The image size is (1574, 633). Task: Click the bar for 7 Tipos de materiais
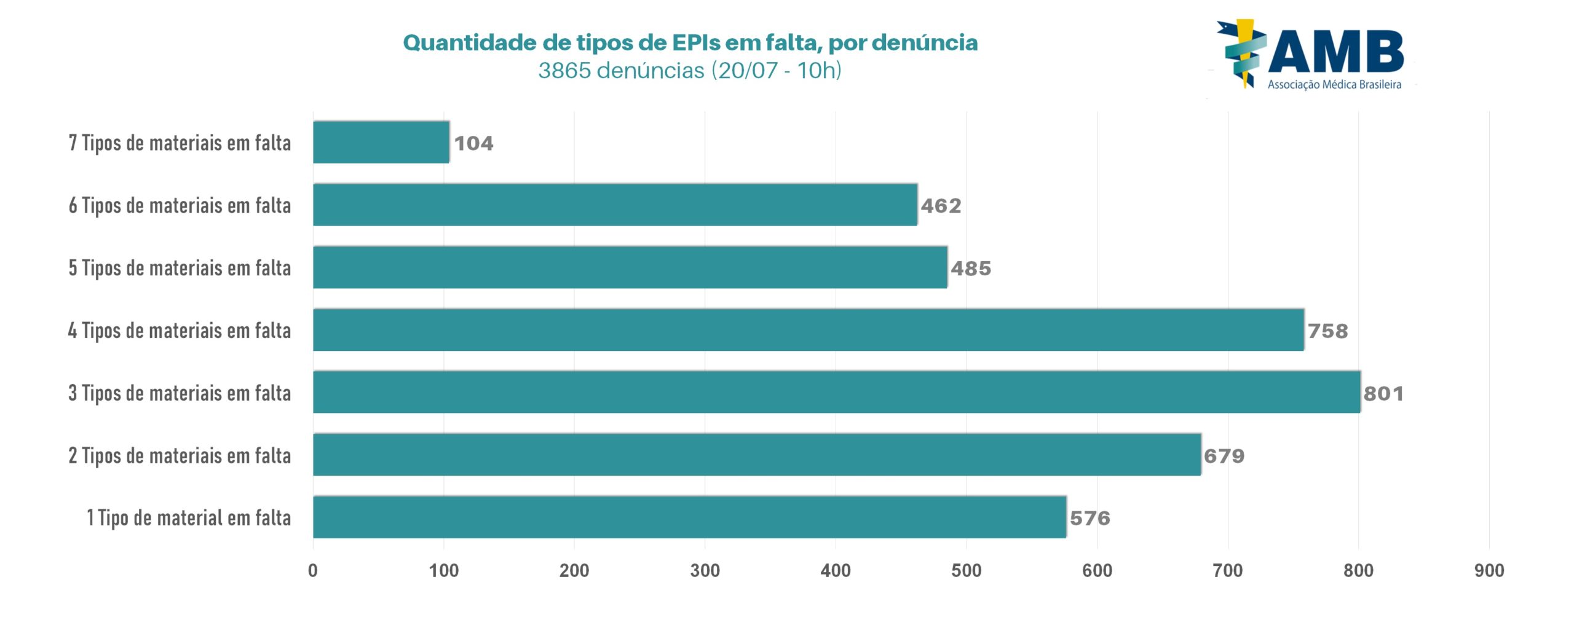pyautogui.click(x=381, y=143)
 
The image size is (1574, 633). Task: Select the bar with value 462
pyautogui.click(x=615, y=205)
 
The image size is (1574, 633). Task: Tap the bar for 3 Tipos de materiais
pyautogui.click(x=836, y=392)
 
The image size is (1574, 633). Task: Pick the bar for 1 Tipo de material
pyautogui.click(x=689, y=517)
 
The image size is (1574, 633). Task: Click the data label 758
pyautogui.click(x=1327, y=331)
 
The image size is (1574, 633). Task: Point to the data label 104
pyautogui.click(x=473, y=143)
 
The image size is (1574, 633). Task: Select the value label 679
pyautogui.click(x=1224, y=456)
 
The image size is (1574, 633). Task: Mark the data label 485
pyautogui.click(x=971, y=269)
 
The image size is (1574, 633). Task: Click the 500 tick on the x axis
pyautogui.click(x=966, y=571)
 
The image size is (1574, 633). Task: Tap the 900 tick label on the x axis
pyautogui.click(x=1489, y=571)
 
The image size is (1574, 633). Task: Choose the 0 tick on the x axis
pyautogui.click(x=313, y=571)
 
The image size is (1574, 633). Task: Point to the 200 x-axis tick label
pyautogui.click(x=574, y=571)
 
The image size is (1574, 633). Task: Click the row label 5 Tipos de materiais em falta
pyautogui.click(x=180, y=269)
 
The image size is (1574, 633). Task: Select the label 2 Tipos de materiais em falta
pyautogui.click(x=180, y=456)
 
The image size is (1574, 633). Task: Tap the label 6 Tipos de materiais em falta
pyautogui.click(x=180, y=206)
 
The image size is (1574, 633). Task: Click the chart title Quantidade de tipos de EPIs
pyautogui.click(x=690, y=42)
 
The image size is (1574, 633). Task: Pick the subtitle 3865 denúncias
pyautogui.click(x=690, y=71)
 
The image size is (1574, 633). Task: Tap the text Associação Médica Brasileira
pyautogui.click(x=1334, y=85)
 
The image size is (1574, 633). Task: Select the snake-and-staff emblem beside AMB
pyautogui.click(x=1242, y=52)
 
